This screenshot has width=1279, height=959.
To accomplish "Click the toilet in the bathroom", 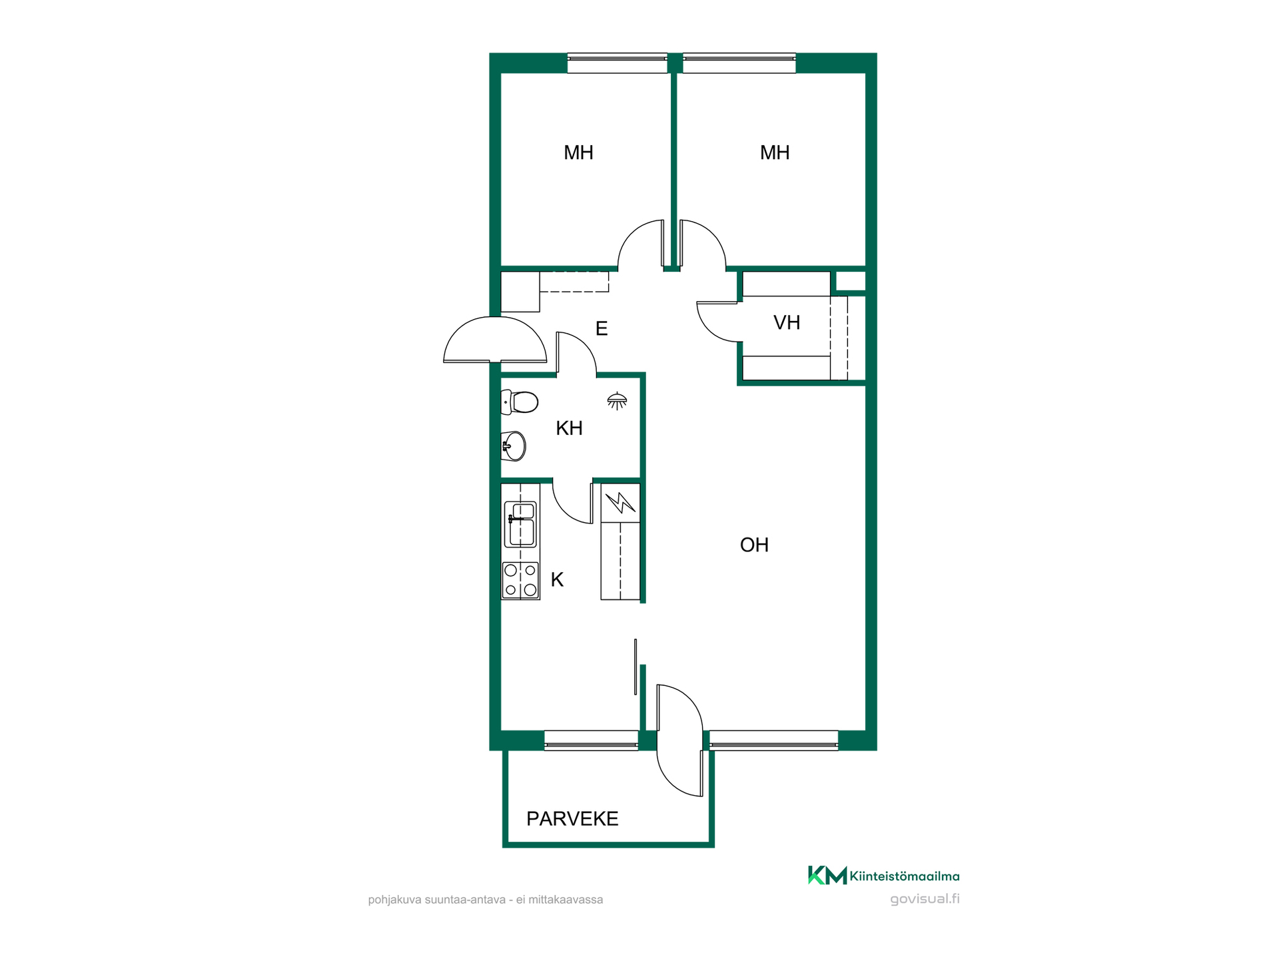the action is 520,402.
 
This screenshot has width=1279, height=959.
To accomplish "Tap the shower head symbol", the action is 617,401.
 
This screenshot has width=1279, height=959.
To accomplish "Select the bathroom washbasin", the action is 514,446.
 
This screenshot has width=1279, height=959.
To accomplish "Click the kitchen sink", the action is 522,524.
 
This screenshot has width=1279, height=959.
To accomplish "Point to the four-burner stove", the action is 520,580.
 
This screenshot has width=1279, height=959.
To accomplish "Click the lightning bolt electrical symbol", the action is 620,502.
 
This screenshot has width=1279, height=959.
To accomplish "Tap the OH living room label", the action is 754,545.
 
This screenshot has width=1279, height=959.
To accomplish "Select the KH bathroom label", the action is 569,428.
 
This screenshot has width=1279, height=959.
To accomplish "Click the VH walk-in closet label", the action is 787,323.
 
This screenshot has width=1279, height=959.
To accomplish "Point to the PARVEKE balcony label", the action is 572,818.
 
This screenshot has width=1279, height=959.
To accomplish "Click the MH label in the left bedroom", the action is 578,153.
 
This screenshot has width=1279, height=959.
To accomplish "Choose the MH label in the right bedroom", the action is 775,153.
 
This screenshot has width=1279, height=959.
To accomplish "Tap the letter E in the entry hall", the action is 602,328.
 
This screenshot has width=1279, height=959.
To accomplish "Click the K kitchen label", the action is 557,580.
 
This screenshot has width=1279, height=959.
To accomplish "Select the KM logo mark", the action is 827,875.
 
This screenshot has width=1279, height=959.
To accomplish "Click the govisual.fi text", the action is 925,899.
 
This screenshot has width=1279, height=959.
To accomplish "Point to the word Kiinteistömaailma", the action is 905,876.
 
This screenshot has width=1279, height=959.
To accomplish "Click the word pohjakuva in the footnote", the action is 394,900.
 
